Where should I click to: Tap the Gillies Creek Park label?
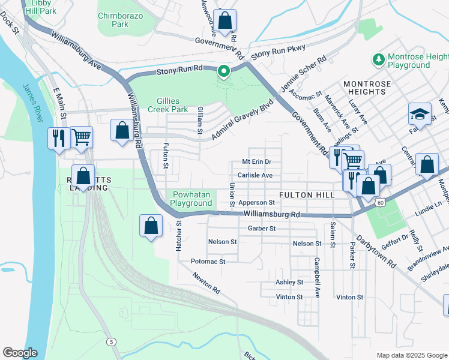click(172, 105)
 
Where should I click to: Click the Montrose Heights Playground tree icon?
click(379, 59)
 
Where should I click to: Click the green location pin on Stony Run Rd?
click(224, 73)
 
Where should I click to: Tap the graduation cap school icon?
click(420, 114)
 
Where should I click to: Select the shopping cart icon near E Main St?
click(82, 137)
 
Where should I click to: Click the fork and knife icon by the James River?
click(59, 138)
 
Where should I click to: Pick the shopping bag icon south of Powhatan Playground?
click(151, 226)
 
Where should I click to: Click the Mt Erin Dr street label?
click(256, 162)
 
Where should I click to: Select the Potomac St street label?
click(208, 262)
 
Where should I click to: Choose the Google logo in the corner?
click(20, 353)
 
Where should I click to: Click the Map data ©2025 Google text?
click(411, 355)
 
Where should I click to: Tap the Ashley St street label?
click(289, 282)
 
